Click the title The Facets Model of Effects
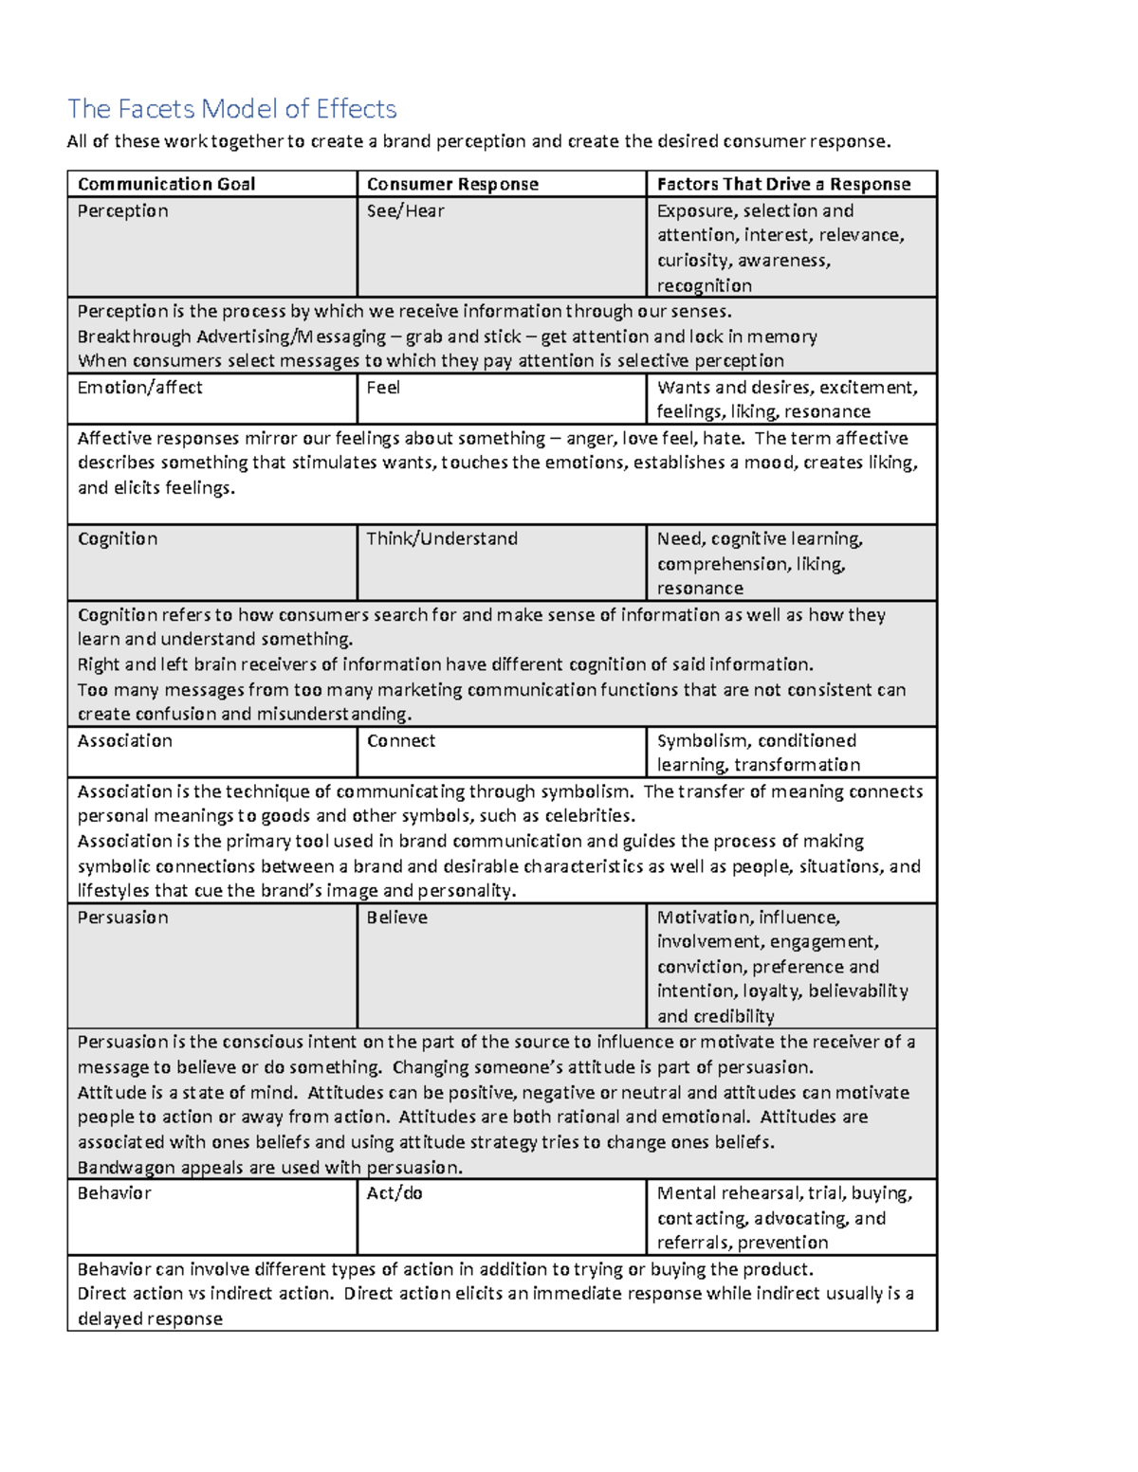pyautogui.click(x=231, y=109)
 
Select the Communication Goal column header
pyautogui.click(x=166, y=184)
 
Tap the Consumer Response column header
pyautogui.click(x=452, y=184)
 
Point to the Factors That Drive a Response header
pyautogui.click(x=783, y=184)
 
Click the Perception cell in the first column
pyautogui.click(x=122, y=210)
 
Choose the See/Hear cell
pyautogui.click(x=405, y=210)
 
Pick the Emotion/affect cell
pyautogui.click(x=139, y=387)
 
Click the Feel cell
pyautogui.click(x=383, y=387)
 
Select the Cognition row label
pyautogui.click(x=118, y=538)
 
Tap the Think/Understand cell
pyautogui.click(x=442, y=538)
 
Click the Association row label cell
pyautogui.click(x=124, y=740)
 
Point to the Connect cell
pyautogui.click(x=400, y=740)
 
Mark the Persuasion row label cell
pyautogui.click(x=122, y=917)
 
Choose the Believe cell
pyautogui.click(x=396, y=917)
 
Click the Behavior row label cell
pyautogui.click(x=114, y=1192)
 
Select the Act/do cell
pyautogui.click(x=394, y=1192)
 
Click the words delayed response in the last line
pyautogui.click(x=150, y=1318)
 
